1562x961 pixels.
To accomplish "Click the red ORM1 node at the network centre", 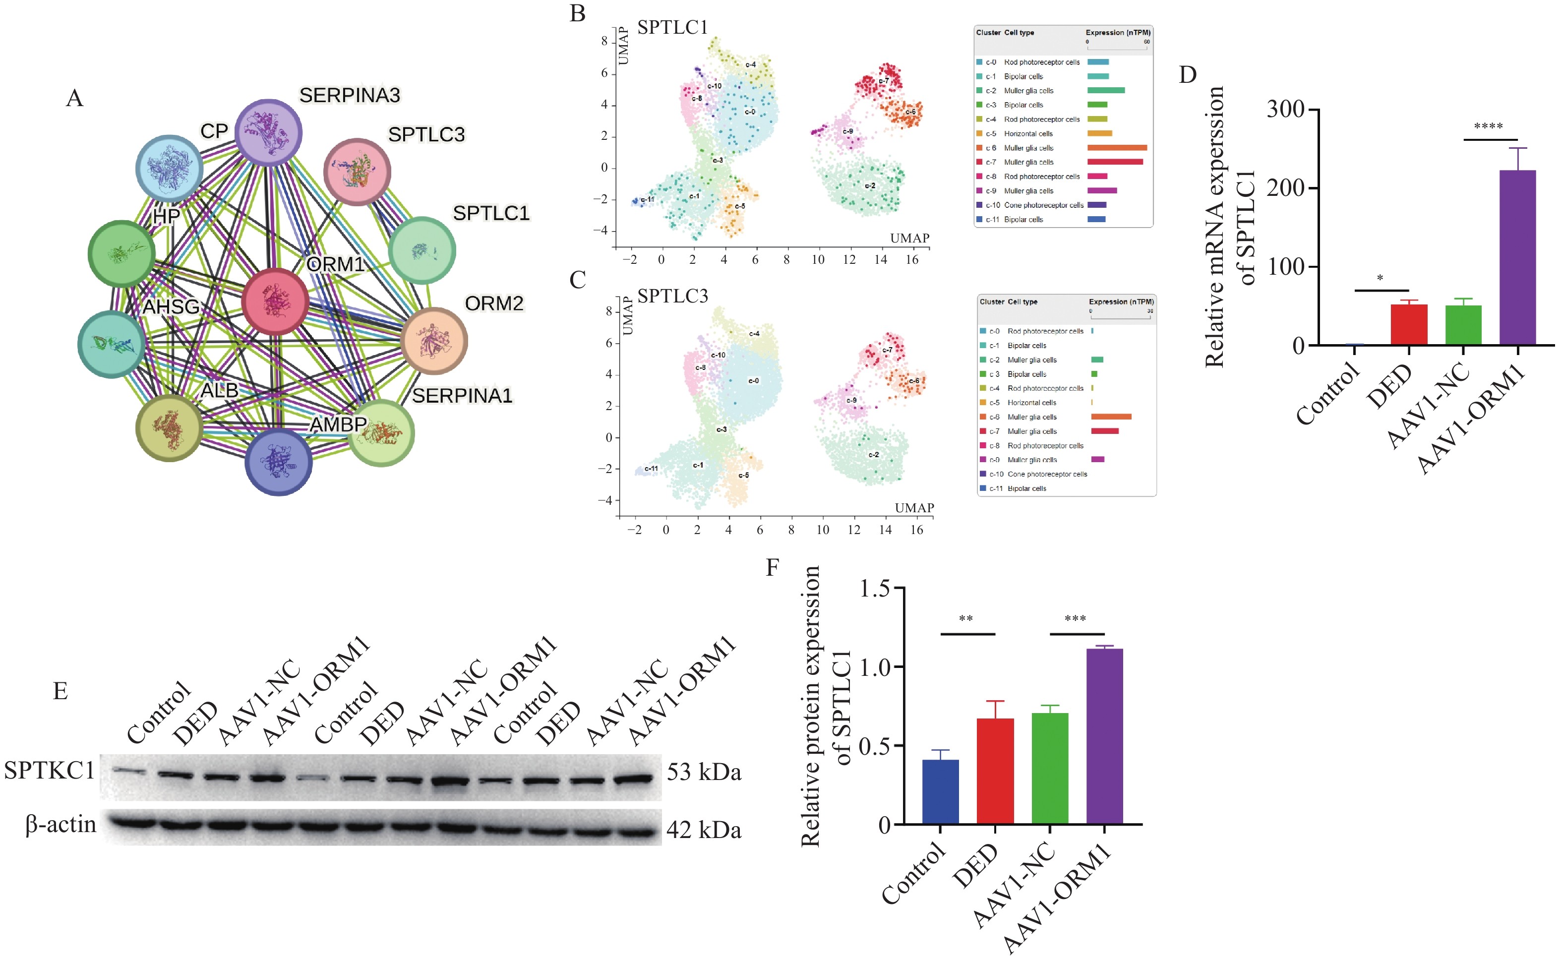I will tap(275, 301).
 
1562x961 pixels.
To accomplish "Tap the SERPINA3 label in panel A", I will tap(350, 95).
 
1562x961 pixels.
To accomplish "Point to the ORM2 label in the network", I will tap(494, 304).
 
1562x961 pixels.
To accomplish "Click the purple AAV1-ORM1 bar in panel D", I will tap(1517, 257).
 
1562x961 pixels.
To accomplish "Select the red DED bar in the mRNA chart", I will tap(1408, 324).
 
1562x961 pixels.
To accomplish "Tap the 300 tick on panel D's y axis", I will tap(1285, 109).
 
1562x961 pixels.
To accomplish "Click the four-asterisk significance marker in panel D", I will tap(1488, 127).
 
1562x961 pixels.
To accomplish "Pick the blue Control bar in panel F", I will tap(940, 791).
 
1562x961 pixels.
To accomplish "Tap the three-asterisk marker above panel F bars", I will tap(1075, 619).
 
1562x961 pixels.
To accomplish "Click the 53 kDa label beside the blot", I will tap(704, 772).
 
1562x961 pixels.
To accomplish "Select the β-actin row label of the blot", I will tap(61, 824).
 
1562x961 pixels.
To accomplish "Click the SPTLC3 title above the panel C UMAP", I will tap(672, 296).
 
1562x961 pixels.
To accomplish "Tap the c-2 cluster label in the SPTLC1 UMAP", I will tap(869, 185).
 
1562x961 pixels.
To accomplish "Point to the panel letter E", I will tap(60, 691).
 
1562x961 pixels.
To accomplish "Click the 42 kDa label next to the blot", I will tap(704, 830).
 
